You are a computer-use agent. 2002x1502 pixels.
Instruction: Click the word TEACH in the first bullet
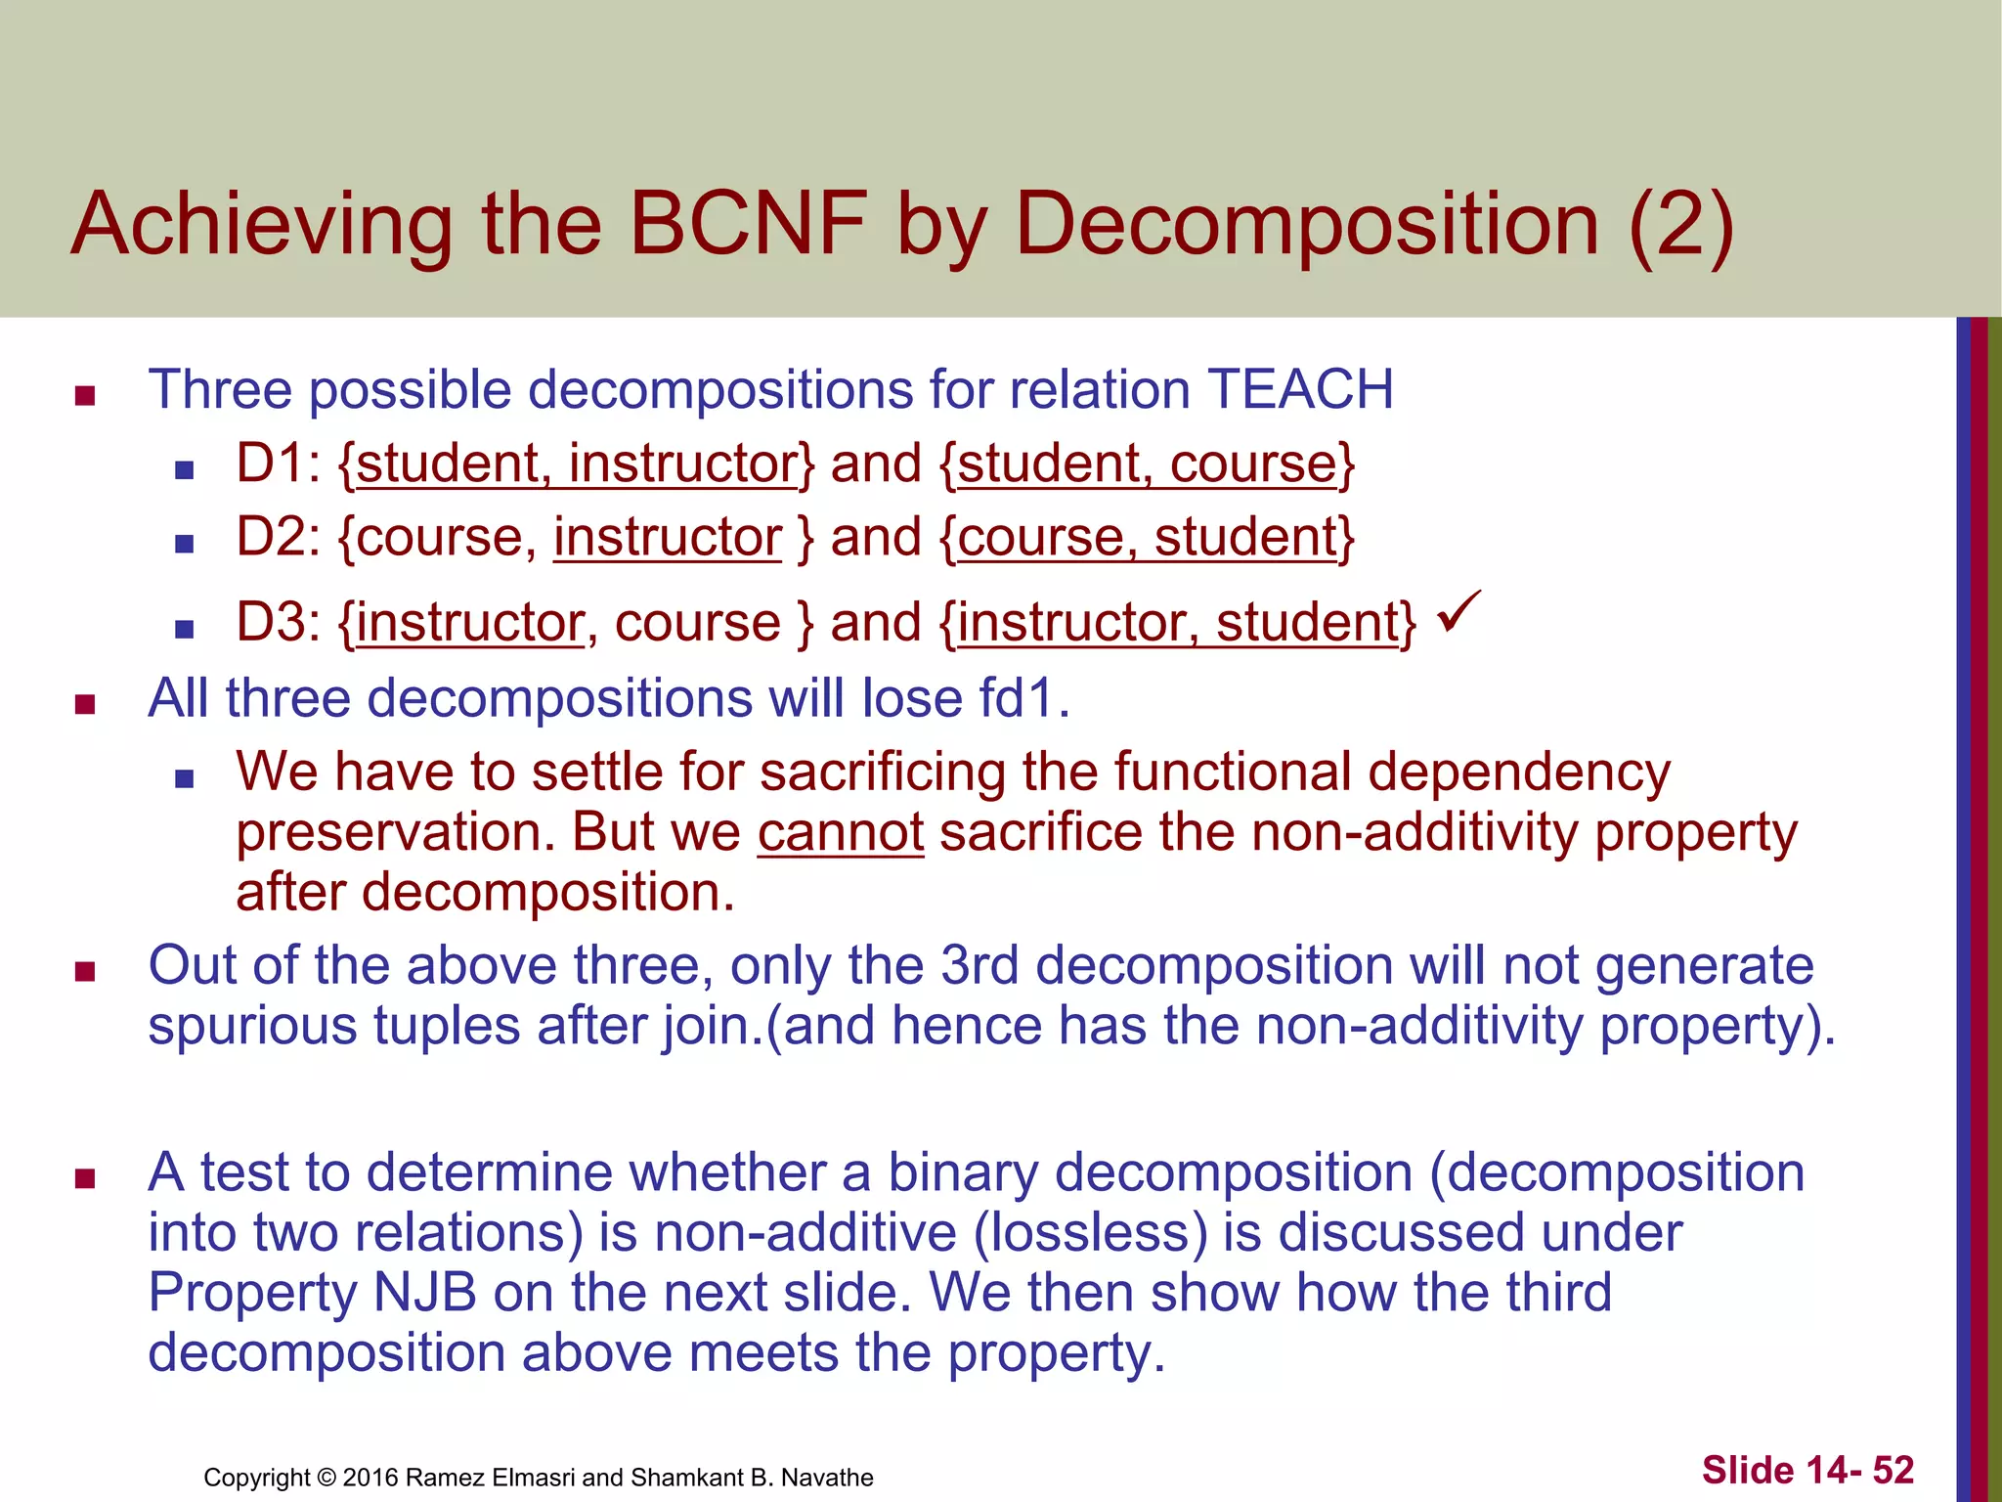(1300, 389)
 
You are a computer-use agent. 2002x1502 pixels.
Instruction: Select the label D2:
(279, 537)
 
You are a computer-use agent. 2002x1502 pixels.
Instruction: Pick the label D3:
(279, 622)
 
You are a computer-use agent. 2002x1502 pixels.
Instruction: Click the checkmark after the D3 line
(1459, 612)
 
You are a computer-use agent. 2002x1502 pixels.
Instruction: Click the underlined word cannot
(841, 832)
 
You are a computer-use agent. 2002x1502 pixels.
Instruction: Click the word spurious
(252, 1026)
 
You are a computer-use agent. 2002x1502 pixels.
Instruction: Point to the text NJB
(425, 1292)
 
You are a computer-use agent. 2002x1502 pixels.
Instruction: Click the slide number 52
(1893, 1470)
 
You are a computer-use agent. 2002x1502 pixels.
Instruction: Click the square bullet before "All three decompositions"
(85, 704)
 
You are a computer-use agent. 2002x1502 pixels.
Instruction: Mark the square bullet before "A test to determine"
(85, 1177)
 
